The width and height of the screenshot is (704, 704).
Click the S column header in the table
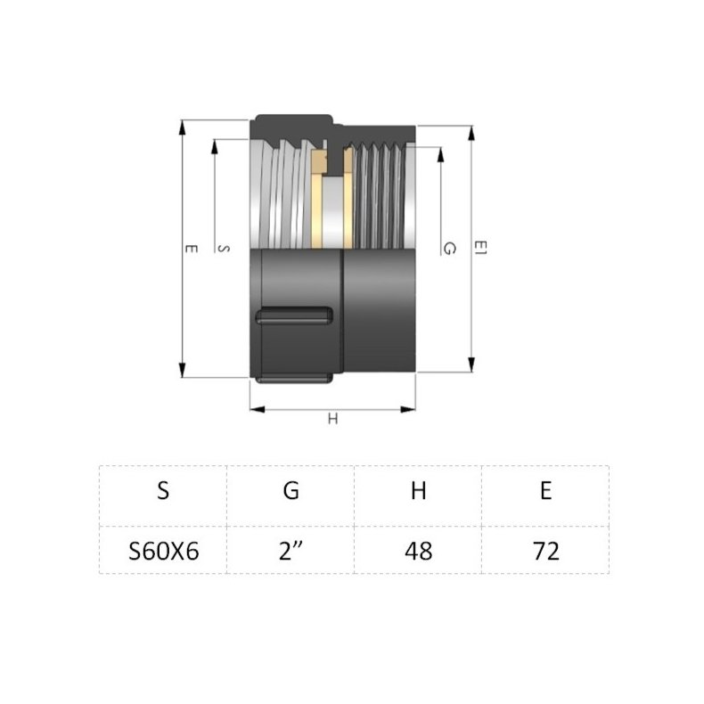point(163,491)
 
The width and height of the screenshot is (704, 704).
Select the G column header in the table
point(291,491)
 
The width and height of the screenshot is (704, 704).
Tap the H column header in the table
point(418,491)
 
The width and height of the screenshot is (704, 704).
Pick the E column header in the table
point(545,491)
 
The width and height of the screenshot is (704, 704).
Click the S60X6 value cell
point(163,550)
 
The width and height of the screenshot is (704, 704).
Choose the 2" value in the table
point(291,550)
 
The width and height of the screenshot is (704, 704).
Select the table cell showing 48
point(418,550)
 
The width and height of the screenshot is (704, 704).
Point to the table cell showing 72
point(545,550)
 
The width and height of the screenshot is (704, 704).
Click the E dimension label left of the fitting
point(189,250)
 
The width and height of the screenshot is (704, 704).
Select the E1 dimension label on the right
point(480,249)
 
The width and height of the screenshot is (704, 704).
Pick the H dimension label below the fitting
point(332,420)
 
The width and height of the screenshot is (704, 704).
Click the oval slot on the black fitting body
point(294,316)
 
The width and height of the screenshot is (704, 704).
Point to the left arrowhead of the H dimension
point(255,409)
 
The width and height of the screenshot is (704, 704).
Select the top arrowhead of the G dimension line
point(439,151)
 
